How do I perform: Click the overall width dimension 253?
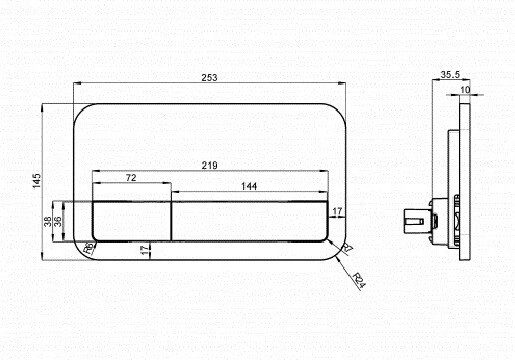[209, 78]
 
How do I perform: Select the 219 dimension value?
[209, 165]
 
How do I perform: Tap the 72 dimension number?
[131, 178]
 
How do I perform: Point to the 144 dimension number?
[249, 186]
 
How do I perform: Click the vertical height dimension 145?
[37, 180]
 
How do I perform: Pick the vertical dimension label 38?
[48, 221]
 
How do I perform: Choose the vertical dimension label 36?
[57, 221]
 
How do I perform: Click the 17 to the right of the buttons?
[337, 211]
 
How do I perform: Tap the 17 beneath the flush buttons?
[145, 250]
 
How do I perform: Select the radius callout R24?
[359, 281]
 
